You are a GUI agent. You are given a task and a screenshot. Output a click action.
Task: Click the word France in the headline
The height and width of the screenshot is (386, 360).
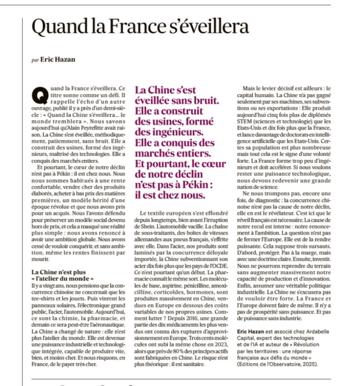(123, 28)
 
